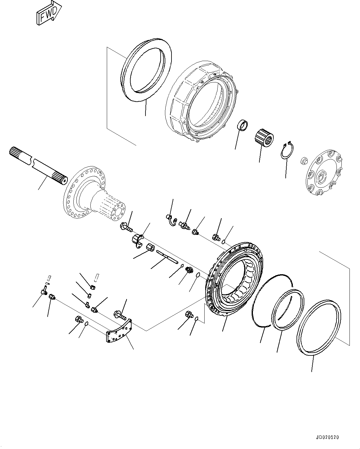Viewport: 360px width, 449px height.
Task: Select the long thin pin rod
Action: pos(167,257)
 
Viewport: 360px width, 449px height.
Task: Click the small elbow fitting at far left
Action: pos(43,291)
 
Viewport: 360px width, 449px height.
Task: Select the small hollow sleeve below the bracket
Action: pos(151,248)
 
